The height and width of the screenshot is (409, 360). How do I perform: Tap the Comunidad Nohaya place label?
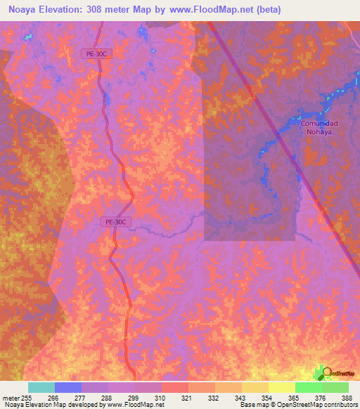[x=319, y=128]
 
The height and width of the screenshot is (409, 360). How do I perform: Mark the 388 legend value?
[x=347, y=398]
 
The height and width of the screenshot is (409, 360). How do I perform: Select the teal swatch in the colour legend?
[x=41, y=387]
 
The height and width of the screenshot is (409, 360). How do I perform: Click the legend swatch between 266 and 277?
[x=67, y=387]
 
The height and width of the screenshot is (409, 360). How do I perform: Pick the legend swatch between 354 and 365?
[x=281, y=387]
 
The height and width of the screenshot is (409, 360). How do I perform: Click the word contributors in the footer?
[x=342, y=405]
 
